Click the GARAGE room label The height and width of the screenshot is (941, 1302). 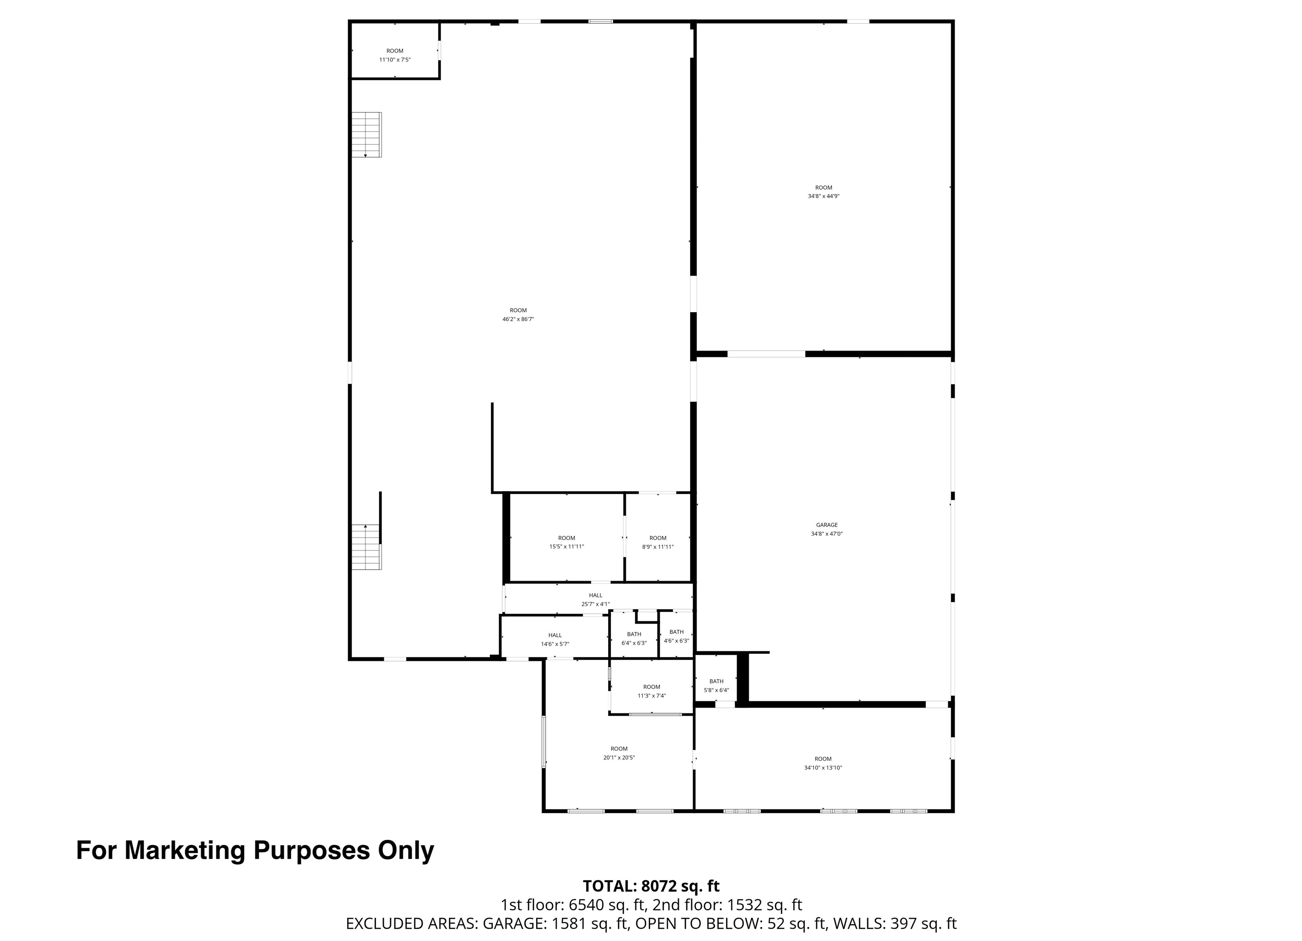point(826,525)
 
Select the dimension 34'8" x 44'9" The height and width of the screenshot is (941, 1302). point(824,196)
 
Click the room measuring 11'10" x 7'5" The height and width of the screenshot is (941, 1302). point(395,50)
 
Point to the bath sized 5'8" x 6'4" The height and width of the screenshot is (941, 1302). point(716,686)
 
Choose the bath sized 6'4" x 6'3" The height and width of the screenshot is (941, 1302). point(634,639)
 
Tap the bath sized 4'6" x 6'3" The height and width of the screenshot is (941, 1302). point(676,636)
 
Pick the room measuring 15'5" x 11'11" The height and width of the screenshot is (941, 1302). point(567,542)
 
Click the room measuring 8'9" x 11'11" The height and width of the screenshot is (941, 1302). point(658,542)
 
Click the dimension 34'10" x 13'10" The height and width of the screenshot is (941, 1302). point(823,768)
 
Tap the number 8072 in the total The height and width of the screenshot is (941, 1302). point(659,886)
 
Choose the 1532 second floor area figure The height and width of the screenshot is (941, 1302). point(745,905)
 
